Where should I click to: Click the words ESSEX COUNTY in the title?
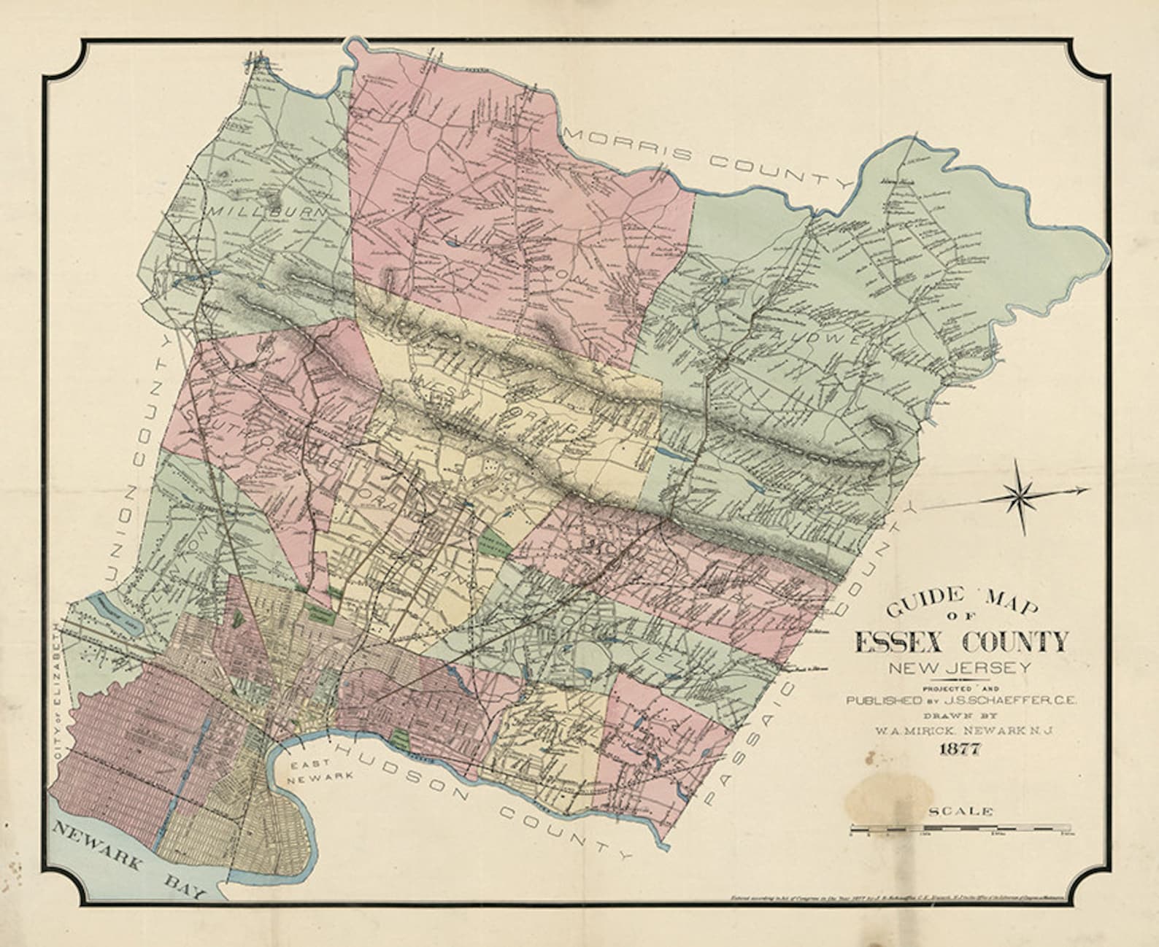[x=960, y=643]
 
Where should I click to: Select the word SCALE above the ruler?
[x=960, y=811]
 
